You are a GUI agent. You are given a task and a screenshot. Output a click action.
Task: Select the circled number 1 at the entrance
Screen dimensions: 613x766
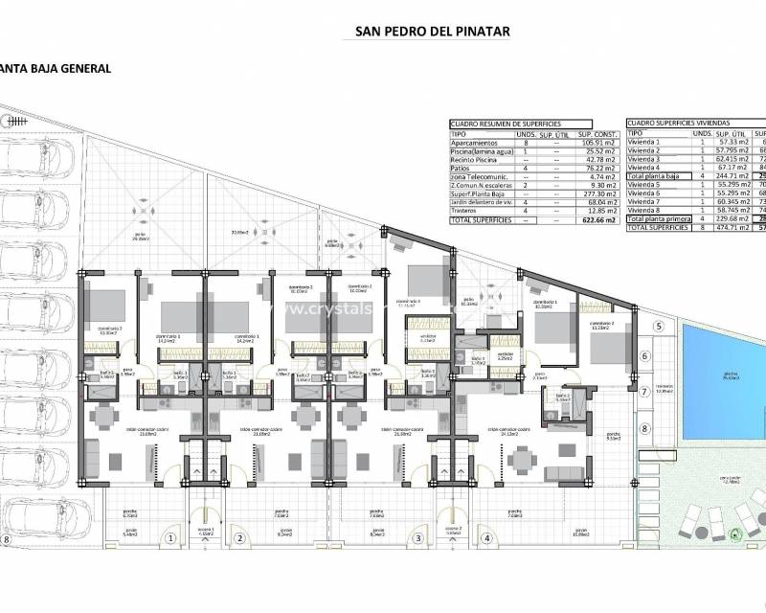pyautogui.click(x=169, y=538)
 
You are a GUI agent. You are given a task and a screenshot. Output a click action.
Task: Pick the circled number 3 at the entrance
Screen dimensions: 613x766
pyautogui.click(x=418, y=538)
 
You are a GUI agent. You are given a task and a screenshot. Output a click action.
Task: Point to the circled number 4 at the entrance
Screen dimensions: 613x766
pyautogui.click(x=487, y=538)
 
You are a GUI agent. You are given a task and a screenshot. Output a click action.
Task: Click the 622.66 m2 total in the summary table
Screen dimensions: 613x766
pyautogui.click(x=597, y=220)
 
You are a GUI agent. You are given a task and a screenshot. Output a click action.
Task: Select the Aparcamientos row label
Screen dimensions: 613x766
pyautogui.click(x=476, y=142)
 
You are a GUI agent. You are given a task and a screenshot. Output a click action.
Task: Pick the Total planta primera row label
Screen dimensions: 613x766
pyautogui.click(x=660, y=220)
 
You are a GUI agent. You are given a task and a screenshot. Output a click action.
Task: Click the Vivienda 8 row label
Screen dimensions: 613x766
pyautogui.click(x=645, y=211)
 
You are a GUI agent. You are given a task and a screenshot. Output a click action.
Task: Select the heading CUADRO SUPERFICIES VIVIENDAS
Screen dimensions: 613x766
pyautogui.click(x=678, y=124)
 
